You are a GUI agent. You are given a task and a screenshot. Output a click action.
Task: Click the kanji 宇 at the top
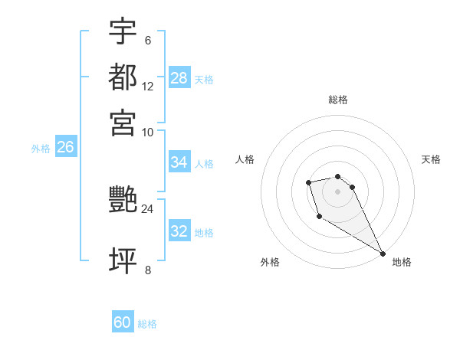click(x=123, y=31)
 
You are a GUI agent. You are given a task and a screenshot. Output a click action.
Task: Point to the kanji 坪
click(x=123, y=260)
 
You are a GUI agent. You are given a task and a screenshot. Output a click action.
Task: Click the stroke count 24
click(x=147, y=208)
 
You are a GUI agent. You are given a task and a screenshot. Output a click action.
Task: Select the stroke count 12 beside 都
click(x=147, y=87)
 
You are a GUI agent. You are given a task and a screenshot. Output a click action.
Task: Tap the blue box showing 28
click(x=179, y=78)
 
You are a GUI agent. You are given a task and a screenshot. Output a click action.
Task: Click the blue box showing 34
click(x=179, y=162)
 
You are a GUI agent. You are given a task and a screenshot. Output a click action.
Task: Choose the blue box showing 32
click(x=179, y=231)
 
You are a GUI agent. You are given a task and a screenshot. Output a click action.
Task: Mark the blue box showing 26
click(x=65, y=148)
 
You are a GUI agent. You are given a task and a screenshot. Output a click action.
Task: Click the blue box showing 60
click(x=123, y=322)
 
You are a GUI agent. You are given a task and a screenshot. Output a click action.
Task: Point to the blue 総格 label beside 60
click(x=147, y=324)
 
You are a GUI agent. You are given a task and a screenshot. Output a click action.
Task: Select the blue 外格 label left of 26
click(x=41, y=149)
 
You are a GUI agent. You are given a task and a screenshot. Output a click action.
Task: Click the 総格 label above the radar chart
click(x=338, y=100)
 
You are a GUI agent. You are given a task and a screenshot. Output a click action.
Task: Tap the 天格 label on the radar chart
click(x=431, y=159)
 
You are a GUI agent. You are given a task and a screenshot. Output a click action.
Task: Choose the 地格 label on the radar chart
click(x=402, y=262)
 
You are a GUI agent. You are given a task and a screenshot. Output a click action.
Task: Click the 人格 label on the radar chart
click(x=245, y=159)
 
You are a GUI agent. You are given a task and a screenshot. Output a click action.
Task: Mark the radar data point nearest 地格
click(x=383, y=253)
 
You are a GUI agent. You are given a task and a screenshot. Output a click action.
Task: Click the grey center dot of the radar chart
click(x=337, y=191)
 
